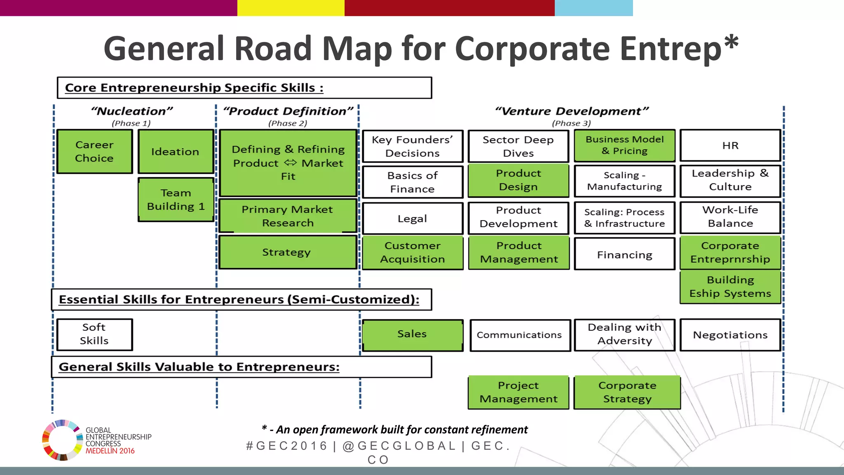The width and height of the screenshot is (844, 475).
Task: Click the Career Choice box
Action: point(94,151)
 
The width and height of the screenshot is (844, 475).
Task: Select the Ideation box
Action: point(176,151)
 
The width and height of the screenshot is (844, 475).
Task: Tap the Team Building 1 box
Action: point(176,200)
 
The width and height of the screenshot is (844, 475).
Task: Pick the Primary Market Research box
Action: point(288,216)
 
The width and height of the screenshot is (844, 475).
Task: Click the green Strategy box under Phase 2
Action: point(288,252)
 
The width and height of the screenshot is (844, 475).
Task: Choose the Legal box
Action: point(413,218)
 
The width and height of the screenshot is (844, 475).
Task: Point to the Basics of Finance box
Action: point(413,182)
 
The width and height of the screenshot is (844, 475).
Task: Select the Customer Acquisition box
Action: point(413,252)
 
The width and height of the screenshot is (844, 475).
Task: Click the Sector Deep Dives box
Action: point(518,146)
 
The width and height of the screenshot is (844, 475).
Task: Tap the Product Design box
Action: point(518,180)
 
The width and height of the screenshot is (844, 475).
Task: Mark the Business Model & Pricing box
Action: point(624,145)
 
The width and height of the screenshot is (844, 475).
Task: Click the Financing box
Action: point(624,254)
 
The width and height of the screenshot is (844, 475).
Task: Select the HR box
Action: point(730,145)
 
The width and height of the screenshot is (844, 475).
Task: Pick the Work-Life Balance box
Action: point(730,216)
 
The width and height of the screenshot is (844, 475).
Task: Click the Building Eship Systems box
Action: point(730,287)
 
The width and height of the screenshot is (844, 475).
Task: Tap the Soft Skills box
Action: point(94,334)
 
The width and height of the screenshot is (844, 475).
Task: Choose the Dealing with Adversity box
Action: point(624,334)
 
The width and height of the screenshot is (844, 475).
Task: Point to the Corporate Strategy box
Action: point(627,392)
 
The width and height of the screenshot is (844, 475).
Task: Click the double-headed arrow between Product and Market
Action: point(290,162)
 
